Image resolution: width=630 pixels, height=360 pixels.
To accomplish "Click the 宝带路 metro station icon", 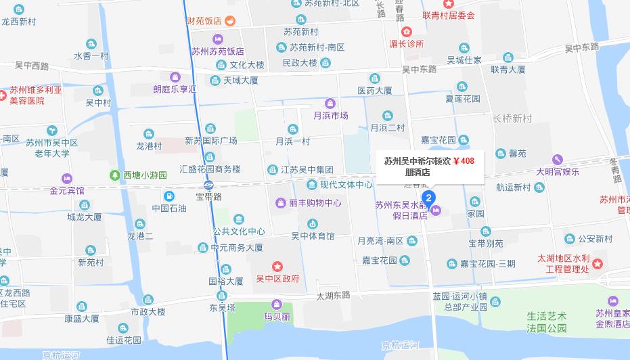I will coord(208,185).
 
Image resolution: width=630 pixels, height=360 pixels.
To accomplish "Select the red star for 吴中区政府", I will coord(277,265).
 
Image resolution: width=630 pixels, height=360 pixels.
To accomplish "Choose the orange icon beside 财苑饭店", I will coord(229,20).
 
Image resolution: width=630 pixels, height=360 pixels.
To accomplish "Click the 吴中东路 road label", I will coord(419,69).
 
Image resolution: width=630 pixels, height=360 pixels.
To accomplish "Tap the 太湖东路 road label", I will coord(333,295).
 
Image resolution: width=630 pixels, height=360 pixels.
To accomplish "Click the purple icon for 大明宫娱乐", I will coord(557,160).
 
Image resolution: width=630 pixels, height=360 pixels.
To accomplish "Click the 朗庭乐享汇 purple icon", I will coord(175,76).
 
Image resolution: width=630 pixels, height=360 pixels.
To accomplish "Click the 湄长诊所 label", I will coord(406,43).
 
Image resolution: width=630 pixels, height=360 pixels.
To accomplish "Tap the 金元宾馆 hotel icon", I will coord(66,179).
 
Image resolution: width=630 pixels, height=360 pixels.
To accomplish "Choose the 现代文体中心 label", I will coord(346,184).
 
